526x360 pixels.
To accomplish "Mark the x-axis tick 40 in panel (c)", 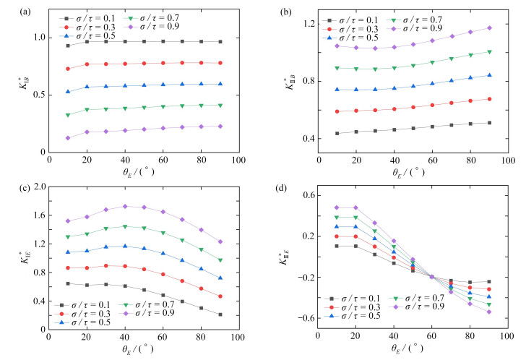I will (125, 337).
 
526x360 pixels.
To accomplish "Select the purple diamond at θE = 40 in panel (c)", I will (125, 206).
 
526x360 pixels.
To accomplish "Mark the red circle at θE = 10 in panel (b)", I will (337, 111).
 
